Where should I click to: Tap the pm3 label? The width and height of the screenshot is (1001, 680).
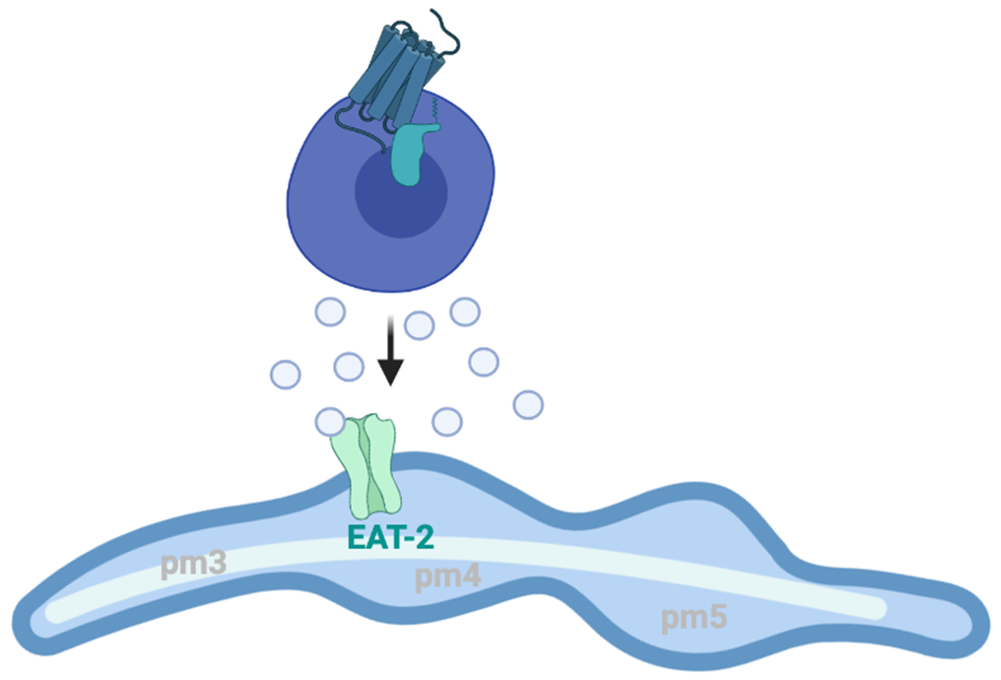[x=194, y=565]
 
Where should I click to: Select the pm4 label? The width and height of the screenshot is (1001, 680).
[x=447, y=577]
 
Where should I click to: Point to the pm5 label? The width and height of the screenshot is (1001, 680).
[x=694, y=618]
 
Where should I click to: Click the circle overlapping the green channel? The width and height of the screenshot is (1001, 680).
[x=330, y=421]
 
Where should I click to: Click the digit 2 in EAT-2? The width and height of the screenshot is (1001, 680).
[x=427, y=538]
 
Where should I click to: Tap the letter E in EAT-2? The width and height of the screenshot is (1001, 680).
[x=358, y=538]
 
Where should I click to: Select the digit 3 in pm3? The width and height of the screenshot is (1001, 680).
[x=218, y=565]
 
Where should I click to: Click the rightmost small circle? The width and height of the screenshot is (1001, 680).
[x=528, y=404]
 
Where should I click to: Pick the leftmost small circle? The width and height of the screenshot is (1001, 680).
[x=285, y=374]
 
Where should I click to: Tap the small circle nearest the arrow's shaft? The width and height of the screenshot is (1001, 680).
[x=420, y=324]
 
